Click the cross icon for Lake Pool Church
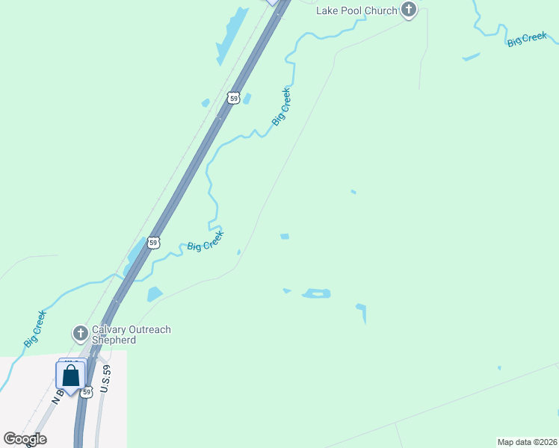(x=408, y=10)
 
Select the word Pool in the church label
(x=354, y=10)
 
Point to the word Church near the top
(x=383, y=10)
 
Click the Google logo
(x=25, y=439)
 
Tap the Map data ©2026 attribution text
(x=527, y=441)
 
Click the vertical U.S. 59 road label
(x=106, y=379)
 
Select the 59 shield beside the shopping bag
(x=87, y=392)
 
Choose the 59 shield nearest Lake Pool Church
(x=234, y=98)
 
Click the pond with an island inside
(x=316, y=293)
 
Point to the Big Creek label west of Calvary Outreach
(x=34, y=329)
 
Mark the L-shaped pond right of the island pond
(x=362, y=311)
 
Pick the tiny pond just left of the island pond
(x=286, y=290)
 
